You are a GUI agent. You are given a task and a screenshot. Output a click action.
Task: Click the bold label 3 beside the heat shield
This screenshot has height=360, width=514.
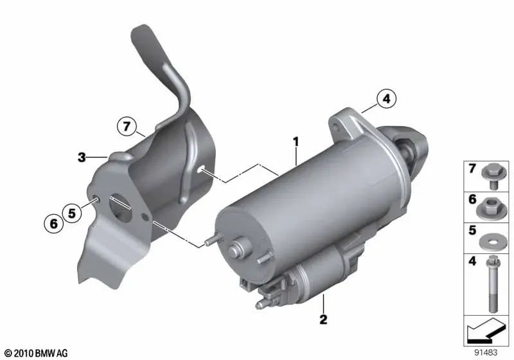(x=82, y=156)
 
